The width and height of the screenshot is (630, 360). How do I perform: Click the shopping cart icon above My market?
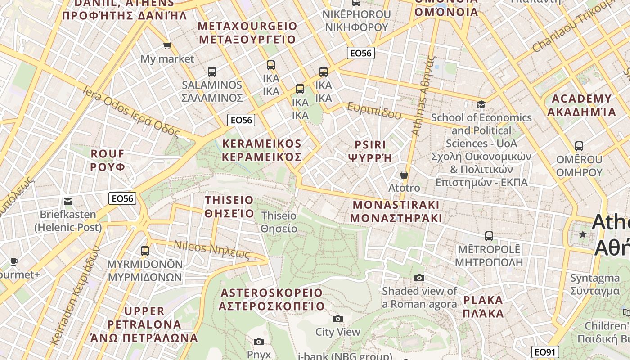(x=167, y=45)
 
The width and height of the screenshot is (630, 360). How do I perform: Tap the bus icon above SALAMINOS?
(x=211, y=72)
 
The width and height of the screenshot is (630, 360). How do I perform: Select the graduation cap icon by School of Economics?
(x=481, y=104)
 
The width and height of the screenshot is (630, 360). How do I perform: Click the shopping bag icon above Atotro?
(x=404, y=175)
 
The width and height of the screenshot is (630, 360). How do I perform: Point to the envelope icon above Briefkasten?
(x=68, y=201)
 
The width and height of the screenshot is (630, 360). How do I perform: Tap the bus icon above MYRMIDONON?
(x=144, y=251)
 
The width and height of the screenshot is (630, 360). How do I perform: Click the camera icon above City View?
(x=337, y=319)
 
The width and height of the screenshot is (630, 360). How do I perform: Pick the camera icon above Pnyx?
(x=258, y=342)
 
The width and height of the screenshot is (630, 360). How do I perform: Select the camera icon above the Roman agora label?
(x=419, y=278)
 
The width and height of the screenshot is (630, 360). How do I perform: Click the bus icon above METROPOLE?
(x=489, y=236)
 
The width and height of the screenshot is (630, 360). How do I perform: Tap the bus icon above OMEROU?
(x=579, y=146)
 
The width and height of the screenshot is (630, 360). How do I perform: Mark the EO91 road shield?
(x=545, y=352)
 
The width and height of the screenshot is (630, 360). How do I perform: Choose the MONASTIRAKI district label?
(x=396, y=211)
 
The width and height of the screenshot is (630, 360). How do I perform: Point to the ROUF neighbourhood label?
(x=108, y=160)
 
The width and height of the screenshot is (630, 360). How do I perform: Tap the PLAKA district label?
(x=483, y=306)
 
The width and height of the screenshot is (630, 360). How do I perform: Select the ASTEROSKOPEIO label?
(x=272, y=299)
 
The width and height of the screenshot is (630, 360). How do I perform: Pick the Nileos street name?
(x=211, y=250)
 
